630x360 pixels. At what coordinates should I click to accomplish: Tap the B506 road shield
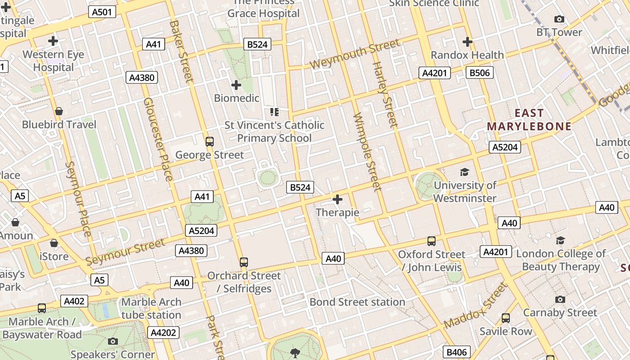pyautogui.click(x=480, y=72)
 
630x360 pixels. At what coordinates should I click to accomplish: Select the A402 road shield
pyautogui.click(x=74, y=301)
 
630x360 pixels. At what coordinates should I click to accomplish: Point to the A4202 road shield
pyautogui.click(x=164, y=333)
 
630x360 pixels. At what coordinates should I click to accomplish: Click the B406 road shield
pyautogui.click(x=457, y=352)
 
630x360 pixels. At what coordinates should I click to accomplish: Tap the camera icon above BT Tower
pyautogui.click(x=559, y=19)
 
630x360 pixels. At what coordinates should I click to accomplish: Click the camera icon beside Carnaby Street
pyautogui.click(x=560, y=299)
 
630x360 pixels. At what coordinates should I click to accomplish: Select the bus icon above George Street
pyautogui.click(x=210, y=142)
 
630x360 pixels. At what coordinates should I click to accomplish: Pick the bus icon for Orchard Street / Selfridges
pyautogui.click(x=244, y=262)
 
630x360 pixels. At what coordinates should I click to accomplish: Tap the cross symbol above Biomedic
pyautogui.click(x=236, y=85)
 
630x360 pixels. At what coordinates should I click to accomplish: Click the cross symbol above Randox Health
pyautogui.click(x=468, y=42)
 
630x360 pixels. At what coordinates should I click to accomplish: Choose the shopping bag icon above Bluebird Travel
pyautogui.click(x=59, y=111)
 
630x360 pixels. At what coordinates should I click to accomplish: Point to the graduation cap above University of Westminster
pyautogui.click(x=464, y=172)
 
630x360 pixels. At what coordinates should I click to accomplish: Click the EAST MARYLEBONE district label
pyautogui.click(x=529, y=120)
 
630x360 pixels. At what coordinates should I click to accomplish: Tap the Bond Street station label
pyautogui.click(x=357, y=302)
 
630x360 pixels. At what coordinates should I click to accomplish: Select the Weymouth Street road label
pyautogui.click(x=355, y=54)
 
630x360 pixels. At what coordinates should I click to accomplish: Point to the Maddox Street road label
pyautogui.click(x=475, y=305)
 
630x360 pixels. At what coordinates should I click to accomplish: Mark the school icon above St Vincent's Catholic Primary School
pyautogui.click(x=274, y=112)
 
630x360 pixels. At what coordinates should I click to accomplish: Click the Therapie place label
pyautogui.click(x=337, y=212)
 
